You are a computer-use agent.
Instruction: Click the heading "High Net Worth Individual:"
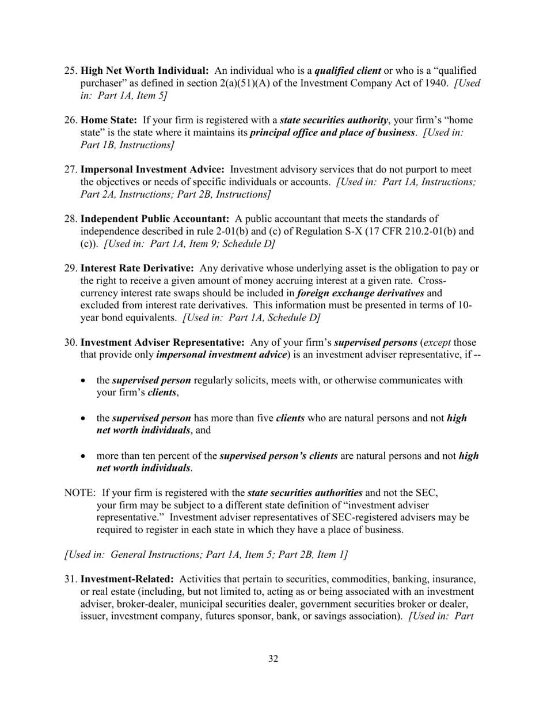[x=145, y=71]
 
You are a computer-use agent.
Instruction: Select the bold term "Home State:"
[x=109, y=120]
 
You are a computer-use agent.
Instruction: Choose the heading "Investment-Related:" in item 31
[x=127, y=579]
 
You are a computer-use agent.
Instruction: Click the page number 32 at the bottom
[x=273, y=659]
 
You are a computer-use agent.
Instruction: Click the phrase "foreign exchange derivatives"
[x=360, y=293]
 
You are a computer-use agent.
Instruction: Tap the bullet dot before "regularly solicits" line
[x=85, y=381]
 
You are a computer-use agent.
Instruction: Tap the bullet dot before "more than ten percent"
[x=85, y=456]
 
